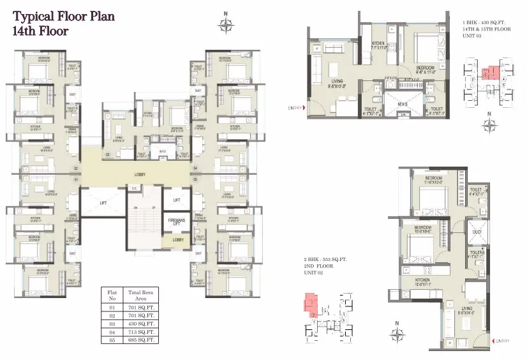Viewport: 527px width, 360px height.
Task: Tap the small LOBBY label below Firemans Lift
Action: click(178, 241)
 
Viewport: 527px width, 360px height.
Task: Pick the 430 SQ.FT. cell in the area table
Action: click(142, 324)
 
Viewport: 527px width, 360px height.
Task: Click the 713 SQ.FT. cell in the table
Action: click(142, 332)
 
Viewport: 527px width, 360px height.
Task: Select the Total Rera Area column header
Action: click(142, 296)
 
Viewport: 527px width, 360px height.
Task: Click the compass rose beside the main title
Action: click(225, 26)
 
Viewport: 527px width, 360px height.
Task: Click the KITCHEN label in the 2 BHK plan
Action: click(424, 280)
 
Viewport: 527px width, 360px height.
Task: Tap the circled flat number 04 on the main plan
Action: click(195, 169)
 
